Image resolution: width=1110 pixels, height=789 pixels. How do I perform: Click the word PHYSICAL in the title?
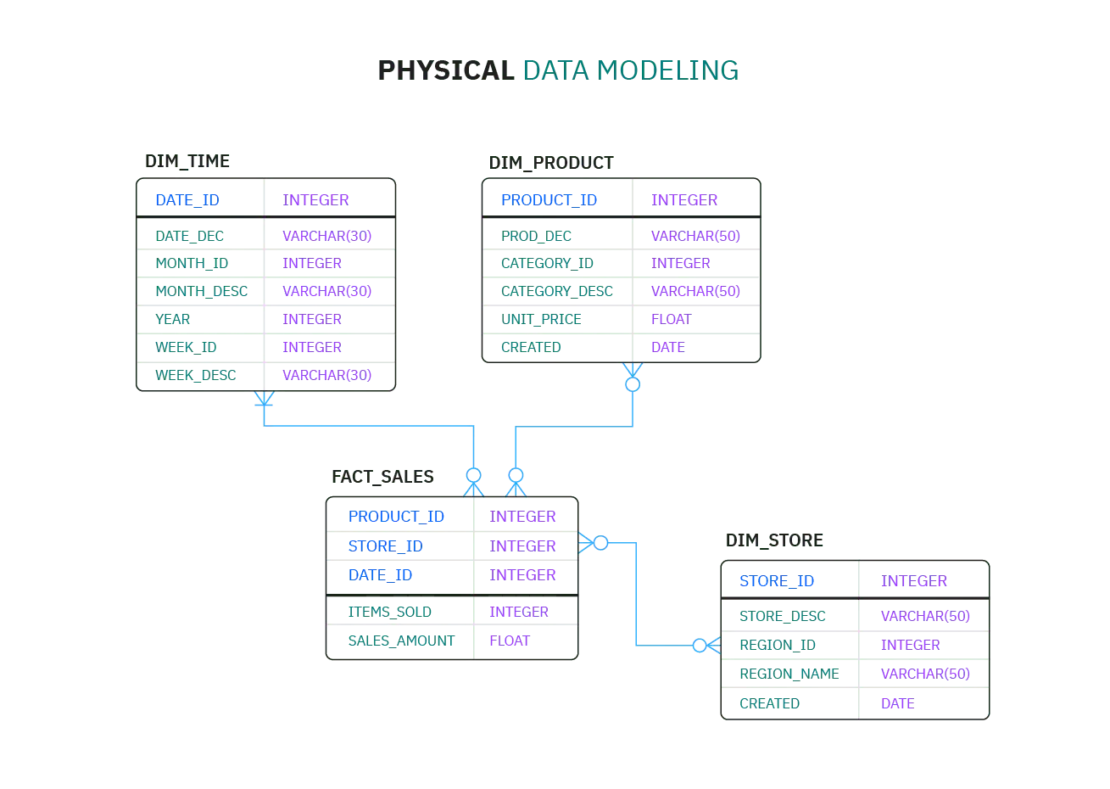point(445,70)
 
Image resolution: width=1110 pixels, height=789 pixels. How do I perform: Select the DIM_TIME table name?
point(187,162)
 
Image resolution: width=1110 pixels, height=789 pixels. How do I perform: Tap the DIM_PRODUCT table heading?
point(551,163)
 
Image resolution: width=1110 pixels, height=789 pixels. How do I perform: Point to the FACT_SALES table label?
point(382,477)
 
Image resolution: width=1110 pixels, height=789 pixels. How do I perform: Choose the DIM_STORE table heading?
point(774,540)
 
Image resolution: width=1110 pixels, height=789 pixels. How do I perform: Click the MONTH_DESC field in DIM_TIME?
point(201,292)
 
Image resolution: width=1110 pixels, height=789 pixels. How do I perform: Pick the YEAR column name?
point(172,319)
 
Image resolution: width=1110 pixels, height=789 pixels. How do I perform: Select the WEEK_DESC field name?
point(195,375)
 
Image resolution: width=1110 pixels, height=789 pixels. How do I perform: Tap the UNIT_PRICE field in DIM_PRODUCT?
point(541,319)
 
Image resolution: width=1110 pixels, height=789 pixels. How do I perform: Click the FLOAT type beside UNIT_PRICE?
point(671,319)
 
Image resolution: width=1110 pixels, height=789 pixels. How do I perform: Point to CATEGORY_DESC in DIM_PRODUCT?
point(556,292)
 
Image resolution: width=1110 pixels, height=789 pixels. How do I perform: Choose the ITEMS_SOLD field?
point(389,613)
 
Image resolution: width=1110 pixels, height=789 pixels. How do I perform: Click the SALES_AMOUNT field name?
point(401,641)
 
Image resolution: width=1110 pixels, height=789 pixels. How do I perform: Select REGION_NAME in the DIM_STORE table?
point(789,674)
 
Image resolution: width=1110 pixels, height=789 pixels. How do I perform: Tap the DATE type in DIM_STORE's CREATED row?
point(897,704)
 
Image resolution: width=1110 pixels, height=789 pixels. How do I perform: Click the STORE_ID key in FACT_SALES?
point(385,546)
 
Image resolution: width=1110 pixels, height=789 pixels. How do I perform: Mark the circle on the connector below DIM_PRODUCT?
point(633,385)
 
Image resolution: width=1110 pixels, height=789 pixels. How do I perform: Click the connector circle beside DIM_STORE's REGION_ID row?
point(700,646)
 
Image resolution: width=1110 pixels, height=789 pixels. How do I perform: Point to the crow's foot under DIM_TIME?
point(264,399)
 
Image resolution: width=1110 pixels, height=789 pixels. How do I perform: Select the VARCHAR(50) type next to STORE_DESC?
point(925,617)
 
